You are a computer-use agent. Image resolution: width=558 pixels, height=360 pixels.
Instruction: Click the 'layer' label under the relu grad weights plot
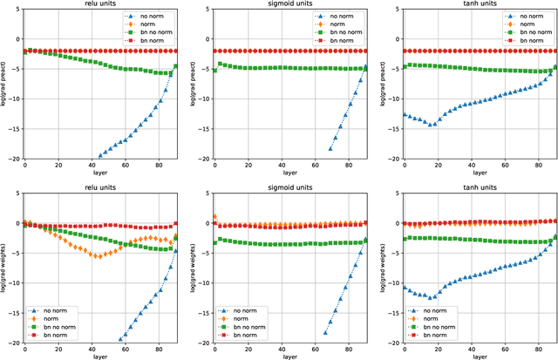[x=100, y=355]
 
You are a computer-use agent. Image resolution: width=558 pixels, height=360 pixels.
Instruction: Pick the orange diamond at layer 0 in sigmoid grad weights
[x=214, y=216]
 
